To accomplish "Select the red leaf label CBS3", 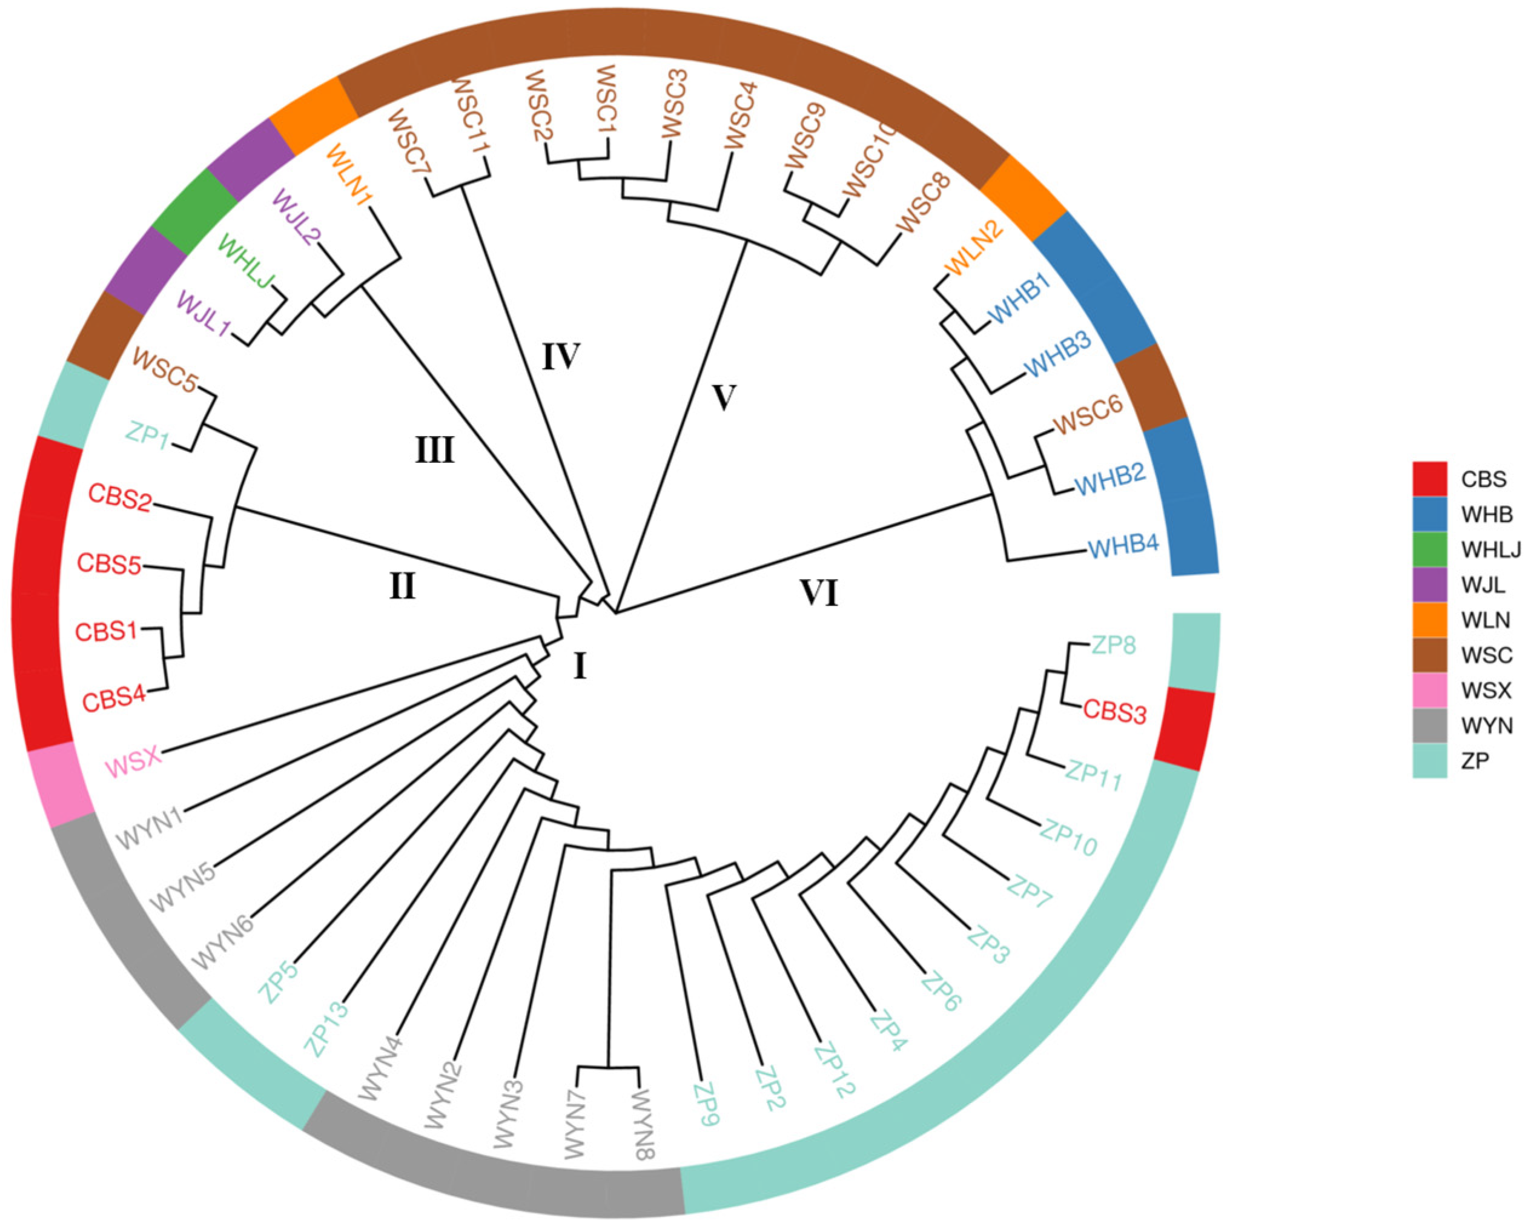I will click(x=1115, y=712).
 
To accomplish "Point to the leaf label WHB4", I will click(x=1123, y=546).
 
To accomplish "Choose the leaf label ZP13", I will click(x=327, y=1029).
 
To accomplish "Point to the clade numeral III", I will click(x=435, y=450).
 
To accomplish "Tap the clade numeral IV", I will click(x=561, y=356).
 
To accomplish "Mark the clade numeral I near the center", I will click(x=580, y=667).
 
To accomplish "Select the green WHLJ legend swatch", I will click(x=1429, y=549).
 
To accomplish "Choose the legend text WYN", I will click(x=1486, y=726).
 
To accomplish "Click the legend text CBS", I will click(x=1484, y=479).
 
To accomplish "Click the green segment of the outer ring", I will click(x=194, y=213).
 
